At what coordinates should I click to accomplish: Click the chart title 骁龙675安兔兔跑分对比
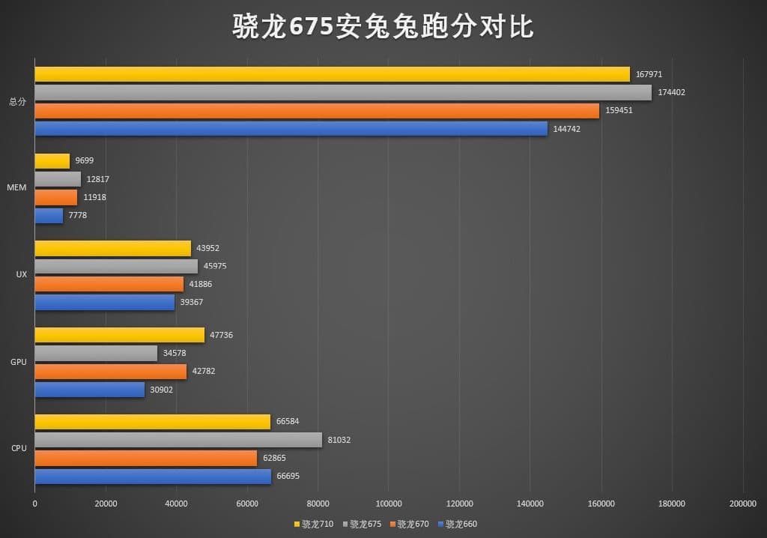click(383, 27)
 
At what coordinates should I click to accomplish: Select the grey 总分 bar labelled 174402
click(342, 92)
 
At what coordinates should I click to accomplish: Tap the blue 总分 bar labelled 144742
click(291, 129)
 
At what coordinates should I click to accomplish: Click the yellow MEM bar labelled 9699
click(52, 161)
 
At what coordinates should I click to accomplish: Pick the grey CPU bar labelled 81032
click(178, 440)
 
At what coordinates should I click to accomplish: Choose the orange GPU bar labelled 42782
click(110, 372)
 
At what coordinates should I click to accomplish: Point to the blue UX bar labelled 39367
click(104, 302)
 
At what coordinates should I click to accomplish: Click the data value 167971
click(649, 74)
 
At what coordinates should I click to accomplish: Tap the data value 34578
click(177, 353)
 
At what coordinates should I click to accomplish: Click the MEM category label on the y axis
click(16, 187)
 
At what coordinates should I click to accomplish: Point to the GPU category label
click(18, 362)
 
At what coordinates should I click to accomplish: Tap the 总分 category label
click(17, 102)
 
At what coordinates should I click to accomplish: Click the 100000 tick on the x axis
click(389, 504)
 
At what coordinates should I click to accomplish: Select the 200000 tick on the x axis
click(742, 504)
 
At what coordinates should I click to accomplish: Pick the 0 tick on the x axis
click(34, 504)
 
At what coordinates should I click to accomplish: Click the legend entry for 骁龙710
click(315, 524)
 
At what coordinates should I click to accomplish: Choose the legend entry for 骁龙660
click(457, 524)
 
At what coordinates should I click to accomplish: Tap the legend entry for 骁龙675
click(363, 524)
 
